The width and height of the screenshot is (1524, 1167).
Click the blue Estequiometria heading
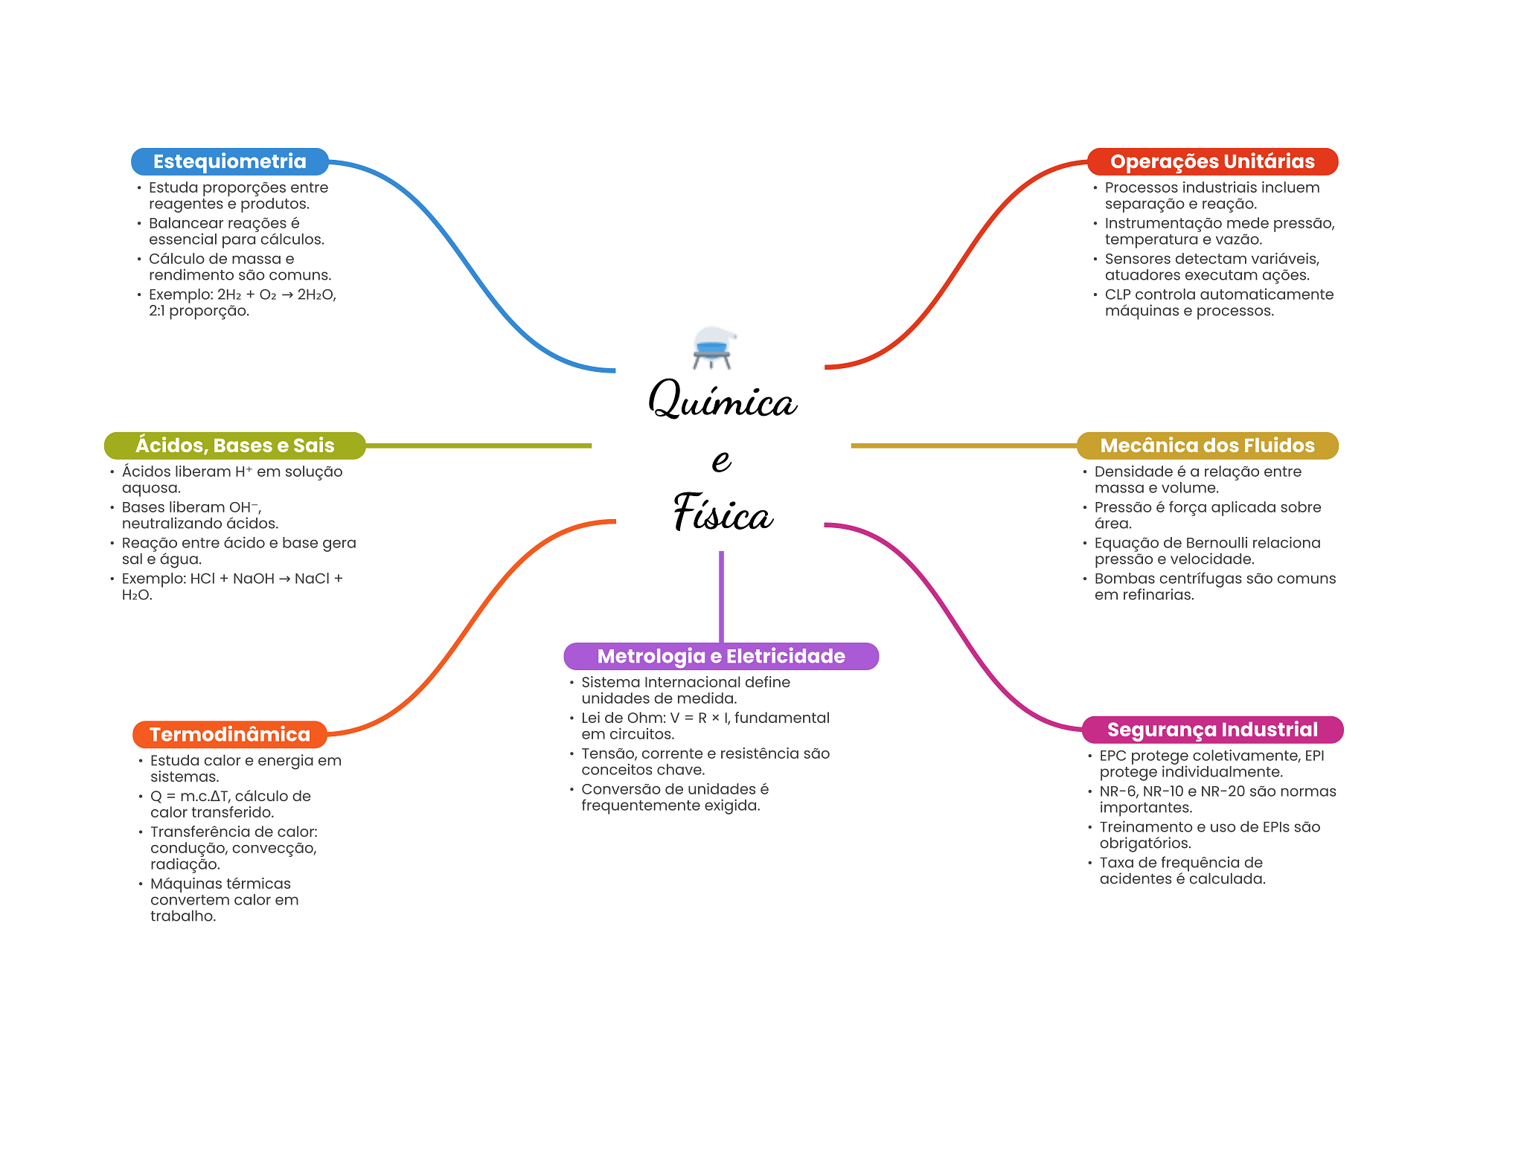[x=229, y=161]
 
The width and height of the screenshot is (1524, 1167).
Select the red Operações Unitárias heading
[x=1211, y=161]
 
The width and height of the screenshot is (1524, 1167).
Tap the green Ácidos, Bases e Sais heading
[x=234, y=446]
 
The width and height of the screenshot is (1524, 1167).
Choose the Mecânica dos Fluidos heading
[x=1207, y=446]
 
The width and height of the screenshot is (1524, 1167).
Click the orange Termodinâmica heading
[x=229, y=734]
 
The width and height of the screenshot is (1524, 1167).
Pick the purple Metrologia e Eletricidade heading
[x=720, y=656]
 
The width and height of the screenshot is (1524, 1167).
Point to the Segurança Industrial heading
[x=1211, y=730]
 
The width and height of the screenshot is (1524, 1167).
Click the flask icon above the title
[x=712, y=347]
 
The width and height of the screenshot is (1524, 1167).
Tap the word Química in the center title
[x=722, y=400]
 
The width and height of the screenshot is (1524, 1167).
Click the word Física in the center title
[x=722, y=513]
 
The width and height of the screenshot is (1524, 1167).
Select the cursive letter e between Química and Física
[x=721, y=460]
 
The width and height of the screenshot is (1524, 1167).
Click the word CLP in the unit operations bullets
[x=1118, y=295]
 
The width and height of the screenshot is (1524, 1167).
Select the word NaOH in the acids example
[x=253, y=579]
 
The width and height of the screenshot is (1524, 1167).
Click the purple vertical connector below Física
[x=721, y=595]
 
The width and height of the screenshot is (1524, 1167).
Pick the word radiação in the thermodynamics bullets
[x=184, y=864]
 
